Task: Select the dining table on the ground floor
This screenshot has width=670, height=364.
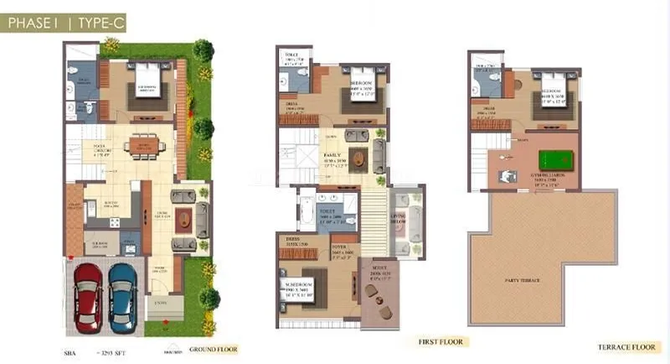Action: click(x=139, y=147)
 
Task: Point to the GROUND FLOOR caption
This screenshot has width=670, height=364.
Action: click(x=214, y=348)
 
